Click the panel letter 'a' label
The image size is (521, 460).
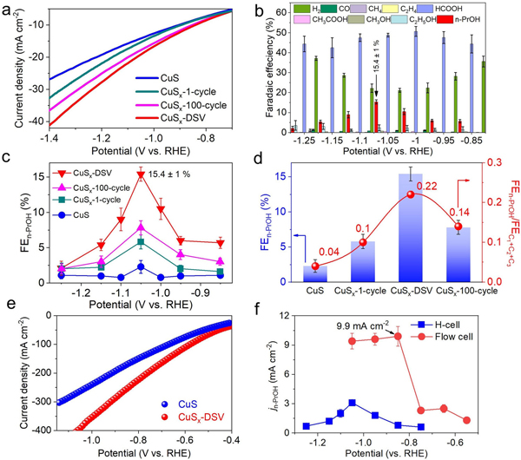tap(7, 9)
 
